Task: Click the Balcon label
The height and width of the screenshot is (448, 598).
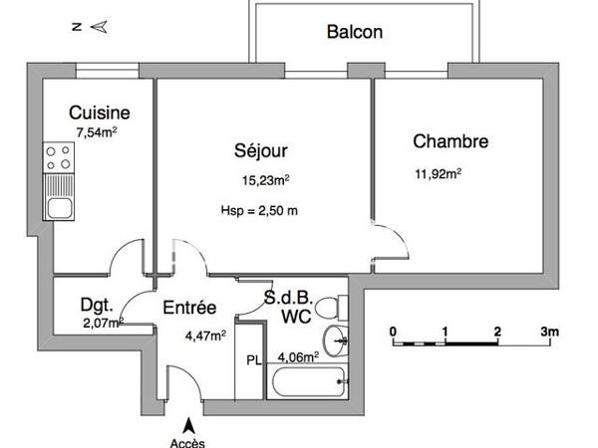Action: [x=355, y=32]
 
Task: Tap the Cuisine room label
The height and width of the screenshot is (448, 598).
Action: [x=98, y=112]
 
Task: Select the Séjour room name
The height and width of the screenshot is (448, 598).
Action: [x=261, y=151]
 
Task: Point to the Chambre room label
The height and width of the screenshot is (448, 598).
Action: [x=450, y=141]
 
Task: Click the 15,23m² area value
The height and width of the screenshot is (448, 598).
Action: [x=266, y=180]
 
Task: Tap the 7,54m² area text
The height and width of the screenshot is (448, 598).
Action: [x=97, y=130]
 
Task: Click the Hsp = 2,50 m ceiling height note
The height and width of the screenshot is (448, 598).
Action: [x=259, y=210]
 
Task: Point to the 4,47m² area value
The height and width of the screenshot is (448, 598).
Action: [x=204, y=336]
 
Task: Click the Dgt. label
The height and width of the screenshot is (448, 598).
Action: [x=96, y=305]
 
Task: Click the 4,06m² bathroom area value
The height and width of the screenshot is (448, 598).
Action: [x=298, y=355]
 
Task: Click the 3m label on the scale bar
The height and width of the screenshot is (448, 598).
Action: [x=548, y=331]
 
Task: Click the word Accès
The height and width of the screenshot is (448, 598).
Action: [x=184, y=441]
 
